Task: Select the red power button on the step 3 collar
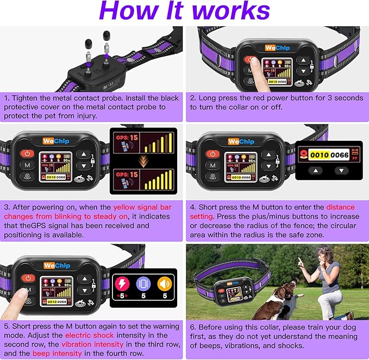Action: (x=27, y=154)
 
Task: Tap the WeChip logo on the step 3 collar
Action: (x=55, y=141)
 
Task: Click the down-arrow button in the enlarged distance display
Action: (x=341, y=170)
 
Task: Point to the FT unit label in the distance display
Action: (x=356, y=155)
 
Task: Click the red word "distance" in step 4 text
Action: (x=341, y=207)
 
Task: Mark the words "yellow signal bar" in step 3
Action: (x=143, y=207)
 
